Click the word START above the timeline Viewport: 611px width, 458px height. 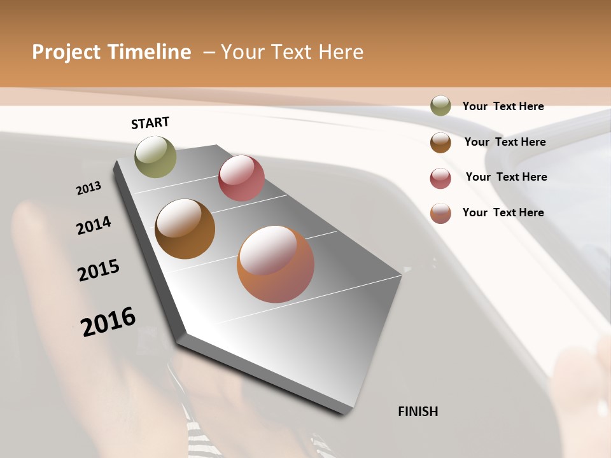[x=150, y=123]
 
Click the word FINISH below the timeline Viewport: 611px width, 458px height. [x=418, y=412]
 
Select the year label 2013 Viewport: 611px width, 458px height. [x=88, y=188]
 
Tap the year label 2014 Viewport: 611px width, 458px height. [x=94, y=225]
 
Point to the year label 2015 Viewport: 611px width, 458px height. [x=99, y=270]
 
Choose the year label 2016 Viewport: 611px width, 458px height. [x=108, y=322]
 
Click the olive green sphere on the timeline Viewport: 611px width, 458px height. [x=155, y=156]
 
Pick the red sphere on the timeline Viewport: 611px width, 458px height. [x=241, y=178]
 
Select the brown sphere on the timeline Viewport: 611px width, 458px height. [x=185, y=229]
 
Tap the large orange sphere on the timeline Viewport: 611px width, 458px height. [x=276, y=264]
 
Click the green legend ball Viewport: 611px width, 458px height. [x=440, y=106]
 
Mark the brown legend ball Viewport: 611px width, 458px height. [x=440, y=142]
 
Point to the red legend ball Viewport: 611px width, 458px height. [x=440, y=179]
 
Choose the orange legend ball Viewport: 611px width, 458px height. [x=440, y=213]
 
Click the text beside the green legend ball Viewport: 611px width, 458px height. [x=503, y=106]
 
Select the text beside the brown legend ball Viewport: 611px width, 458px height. [x=505, y=142]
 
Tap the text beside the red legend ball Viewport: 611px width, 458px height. [x=506, y=177]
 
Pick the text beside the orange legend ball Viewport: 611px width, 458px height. [x=503, y=212]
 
